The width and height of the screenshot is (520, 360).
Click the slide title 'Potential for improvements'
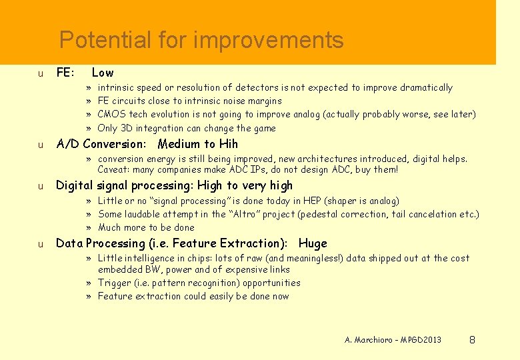click(x=201, y=41)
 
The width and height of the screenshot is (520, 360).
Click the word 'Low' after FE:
click(x=103, y=73)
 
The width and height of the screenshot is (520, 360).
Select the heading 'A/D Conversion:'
click(x=101, y=144)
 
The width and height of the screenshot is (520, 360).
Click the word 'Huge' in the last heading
click(x=313, y=243)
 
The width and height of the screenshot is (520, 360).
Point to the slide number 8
click(x=472, y=340)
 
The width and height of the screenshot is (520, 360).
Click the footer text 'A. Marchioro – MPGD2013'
click(x=393, y=340)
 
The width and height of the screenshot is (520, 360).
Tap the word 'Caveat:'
click(x=114, y=170)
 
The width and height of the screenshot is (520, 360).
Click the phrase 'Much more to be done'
click(x=146, y=227)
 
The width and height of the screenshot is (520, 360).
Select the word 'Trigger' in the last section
click(x=114, y=283)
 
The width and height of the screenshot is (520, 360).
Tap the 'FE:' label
click(x=65, y=73)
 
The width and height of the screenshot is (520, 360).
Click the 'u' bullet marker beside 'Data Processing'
click(x=41, y=244)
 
